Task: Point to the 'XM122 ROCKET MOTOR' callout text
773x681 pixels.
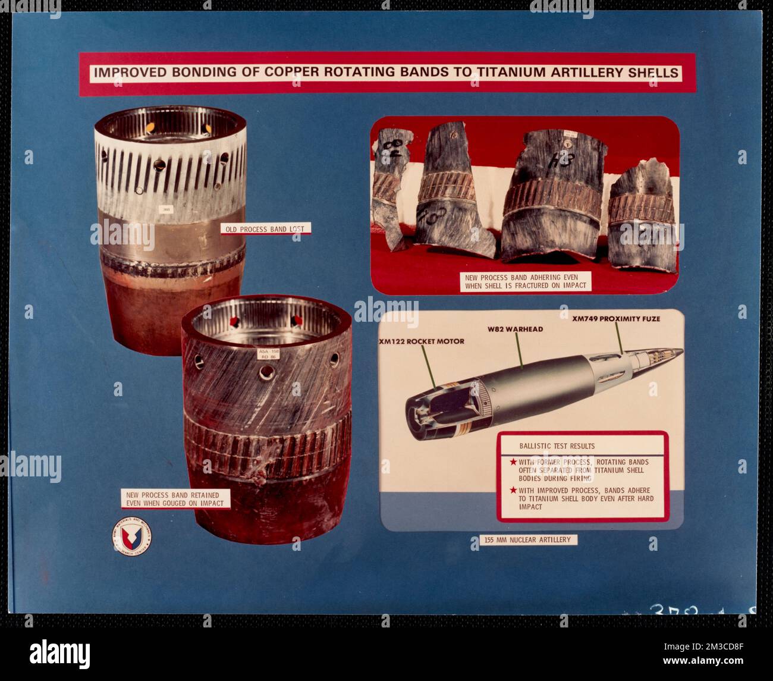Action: pos(421,341)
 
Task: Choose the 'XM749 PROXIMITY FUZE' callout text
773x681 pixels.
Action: pos(615,319)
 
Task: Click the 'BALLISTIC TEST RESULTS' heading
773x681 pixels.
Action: pos(548,445)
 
